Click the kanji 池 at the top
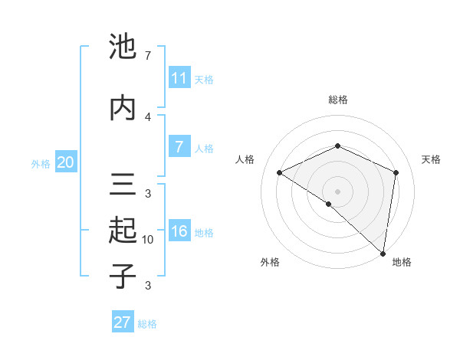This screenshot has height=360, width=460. (x=123, y=48)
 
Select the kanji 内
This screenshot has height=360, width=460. (x=123, y=107)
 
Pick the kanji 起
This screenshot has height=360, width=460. (x=123, y=230)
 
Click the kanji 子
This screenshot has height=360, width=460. (x=123, y=276)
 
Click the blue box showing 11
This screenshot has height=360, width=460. (x=179, y=78)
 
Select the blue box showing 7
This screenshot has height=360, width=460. (x=179, y=147)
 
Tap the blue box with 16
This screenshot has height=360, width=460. (x=179, y=232)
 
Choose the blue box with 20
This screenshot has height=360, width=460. (x=65, y=162)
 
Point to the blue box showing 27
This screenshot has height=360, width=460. (x=123, y=322)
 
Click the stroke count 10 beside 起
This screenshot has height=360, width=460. (x=148, y=240)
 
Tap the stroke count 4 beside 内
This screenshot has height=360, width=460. (x=148, y=116)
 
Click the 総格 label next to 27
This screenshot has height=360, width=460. (x=147, y=324)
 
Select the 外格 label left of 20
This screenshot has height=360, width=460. (x=41, y=163)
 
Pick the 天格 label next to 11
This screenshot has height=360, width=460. (x=203, y=80)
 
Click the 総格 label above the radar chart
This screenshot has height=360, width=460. (x=337, y=100)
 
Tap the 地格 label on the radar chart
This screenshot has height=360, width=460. (x=402, y=262)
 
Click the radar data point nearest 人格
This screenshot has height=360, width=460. (x=280, y=173)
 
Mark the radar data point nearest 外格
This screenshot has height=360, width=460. (x=328, y=204)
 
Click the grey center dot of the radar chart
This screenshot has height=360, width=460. (x=337, y=190)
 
